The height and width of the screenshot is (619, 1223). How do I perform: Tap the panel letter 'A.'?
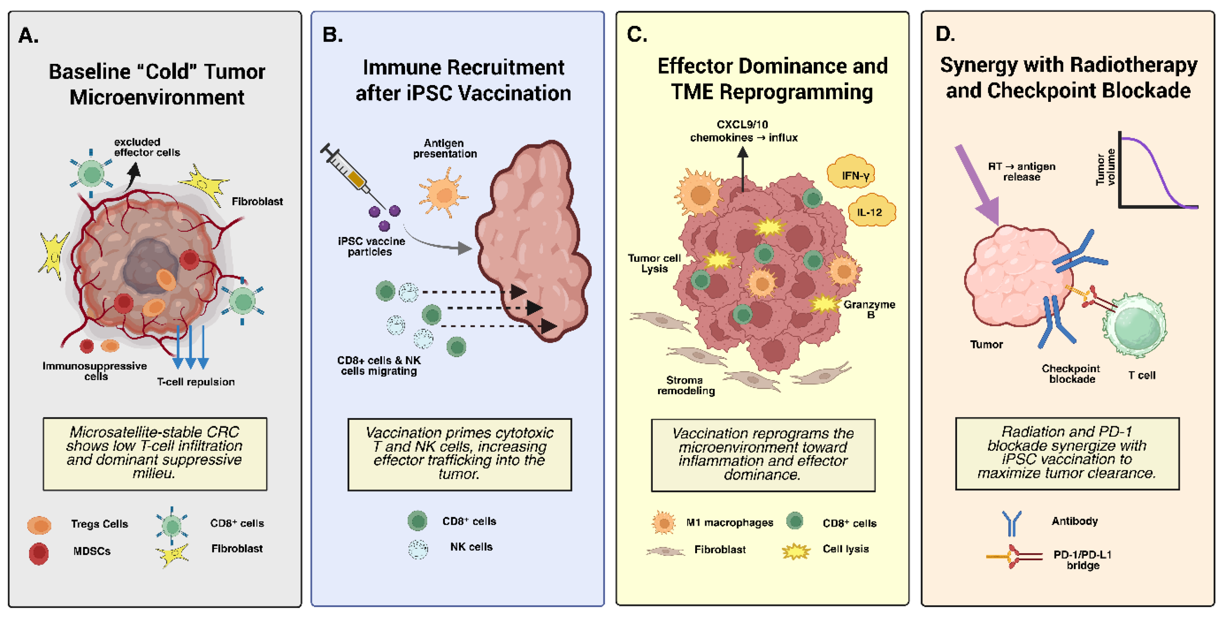point(29,36)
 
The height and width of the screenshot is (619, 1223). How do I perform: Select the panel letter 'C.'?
point(637,35)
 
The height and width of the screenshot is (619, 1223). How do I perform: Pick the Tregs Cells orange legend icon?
point(39,525)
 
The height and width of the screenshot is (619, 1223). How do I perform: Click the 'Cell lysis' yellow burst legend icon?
point(796,551)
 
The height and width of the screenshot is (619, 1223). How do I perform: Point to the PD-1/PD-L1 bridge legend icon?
point(1014,556)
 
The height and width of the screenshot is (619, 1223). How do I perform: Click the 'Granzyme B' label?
point(869,309)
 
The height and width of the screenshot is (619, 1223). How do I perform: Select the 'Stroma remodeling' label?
point(686,385)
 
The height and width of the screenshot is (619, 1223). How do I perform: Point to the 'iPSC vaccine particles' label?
point(371,246)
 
